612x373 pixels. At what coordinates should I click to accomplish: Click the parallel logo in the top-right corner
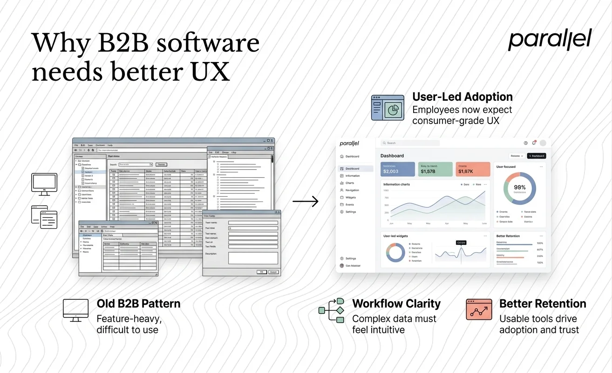click(549, 40)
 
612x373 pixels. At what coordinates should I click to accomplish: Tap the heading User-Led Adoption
click(462, 97)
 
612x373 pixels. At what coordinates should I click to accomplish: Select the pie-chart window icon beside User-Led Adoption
click(387, 108)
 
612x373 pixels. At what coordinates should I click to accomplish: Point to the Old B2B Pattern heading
click(138, 304)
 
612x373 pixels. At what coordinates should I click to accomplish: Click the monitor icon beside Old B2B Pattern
click(75, 309)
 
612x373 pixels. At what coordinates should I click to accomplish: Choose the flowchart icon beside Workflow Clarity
click(331, 310)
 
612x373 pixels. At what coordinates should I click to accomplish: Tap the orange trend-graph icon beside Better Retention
click(479, 309)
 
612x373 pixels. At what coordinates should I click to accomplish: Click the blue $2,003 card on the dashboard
click(397, 169)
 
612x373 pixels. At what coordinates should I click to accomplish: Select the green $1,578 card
click(435, 169)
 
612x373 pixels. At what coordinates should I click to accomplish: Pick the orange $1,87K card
click(472, 169)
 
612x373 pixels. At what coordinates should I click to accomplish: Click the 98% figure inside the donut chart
click(520, 187)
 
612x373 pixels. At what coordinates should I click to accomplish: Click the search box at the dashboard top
click(409, 143)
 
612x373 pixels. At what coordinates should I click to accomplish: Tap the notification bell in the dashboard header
click(534, 143)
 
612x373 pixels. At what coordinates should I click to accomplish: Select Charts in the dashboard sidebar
click(350, 183)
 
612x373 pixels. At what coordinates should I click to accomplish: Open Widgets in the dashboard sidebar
click(351, 197)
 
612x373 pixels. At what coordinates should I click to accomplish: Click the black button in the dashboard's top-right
click(536, 156)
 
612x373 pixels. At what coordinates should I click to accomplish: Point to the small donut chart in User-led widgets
click(397, 252)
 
